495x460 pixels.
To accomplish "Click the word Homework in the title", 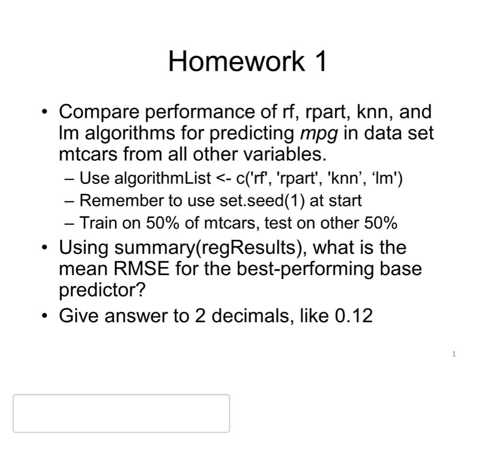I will pyautogui.click(x=237, y=62).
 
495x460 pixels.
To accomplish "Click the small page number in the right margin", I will pyautogui.click(x=454, y=354).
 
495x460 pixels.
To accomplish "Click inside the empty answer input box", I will pyautogui.click(x=121, y=413).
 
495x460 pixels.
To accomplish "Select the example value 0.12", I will pyautogui.click(x=354, y=316).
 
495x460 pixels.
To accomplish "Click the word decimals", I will pyautogui.click(x=250, y=316).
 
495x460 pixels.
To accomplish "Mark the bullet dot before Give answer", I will pyautogui.click(x=45, y=316).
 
